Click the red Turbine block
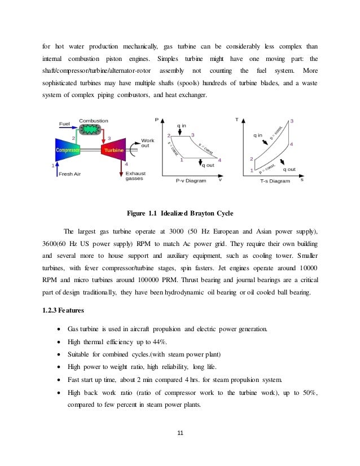tap(112, 151)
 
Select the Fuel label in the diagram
tap(65, 124)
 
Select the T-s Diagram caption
tap(275, 181)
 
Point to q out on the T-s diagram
tap(288, 169)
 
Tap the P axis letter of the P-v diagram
tap(156, 119)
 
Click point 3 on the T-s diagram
tap(292, 121)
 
